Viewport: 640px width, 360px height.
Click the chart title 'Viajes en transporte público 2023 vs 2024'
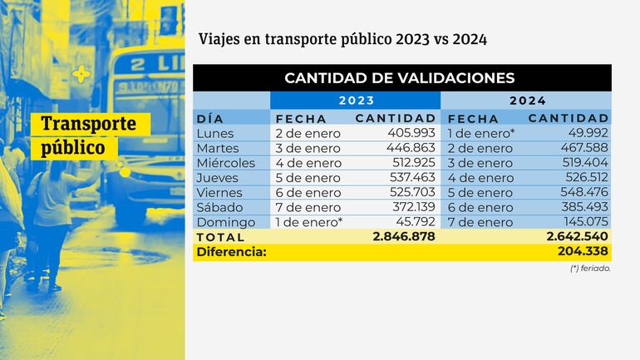(342, 39)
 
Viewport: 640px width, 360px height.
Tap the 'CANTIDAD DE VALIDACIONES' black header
(400, 78)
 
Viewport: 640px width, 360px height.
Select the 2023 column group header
(356, 101)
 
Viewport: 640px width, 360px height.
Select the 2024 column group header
(527, 101)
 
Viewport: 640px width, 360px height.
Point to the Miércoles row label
(226, 163)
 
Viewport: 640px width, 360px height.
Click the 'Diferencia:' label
(231, 252)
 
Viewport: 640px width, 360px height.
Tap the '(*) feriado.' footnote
(591, 269)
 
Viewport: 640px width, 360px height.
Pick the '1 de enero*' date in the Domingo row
(308, 223)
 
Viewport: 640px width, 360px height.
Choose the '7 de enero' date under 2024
(480, 223)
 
